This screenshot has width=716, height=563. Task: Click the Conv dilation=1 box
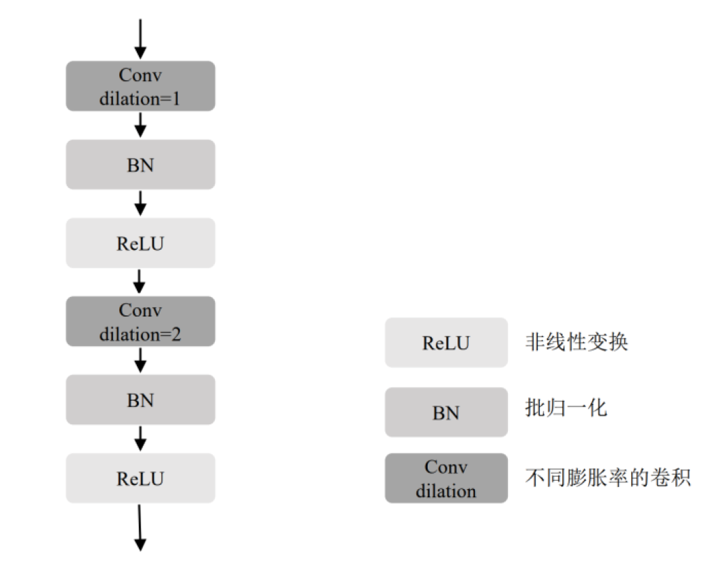[x=140, y=86]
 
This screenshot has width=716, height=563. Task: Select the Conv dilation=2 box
[x=140, y=322]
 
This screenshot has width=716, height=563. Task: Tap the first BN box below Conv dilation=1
[x=140, y=164]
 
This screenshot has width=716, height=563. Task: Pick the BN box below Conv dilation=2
[x=140, y=400]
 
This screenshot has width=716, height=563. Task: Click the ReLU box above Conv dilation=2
[x=140, y=243]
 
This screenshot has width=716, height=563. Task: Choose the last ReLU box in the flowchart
[x=140, y=478]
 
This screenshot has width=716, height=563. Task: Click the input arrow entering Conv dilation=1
[x=140, y=39]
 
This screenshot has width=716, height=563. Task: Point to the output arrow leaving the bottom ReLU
[x=140, y=528]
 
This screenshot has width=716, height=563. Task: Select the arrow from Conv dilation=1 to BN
[x=140, y=125]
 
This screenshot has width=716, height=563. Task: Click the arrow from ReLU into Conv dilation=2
[x=139, y=282]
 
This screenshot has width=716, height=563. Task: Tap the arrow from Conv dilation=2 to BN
[x=140, y=361]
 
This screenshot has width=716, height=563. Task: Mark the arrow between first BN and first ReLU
[x=140, y=203]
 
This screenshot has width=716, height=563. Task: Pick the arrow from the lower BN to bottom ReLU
[x=140, y=439]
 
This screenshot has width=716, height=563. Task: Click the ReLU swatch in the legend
[x=446, y=343]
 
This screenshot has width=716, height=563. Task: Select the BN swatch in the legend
[x=446, y=412]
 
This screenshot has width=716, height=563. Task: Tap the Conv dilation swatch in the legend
[x=446, y=478]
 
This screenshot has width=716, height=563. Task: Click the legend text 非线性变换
[x=576, y=342]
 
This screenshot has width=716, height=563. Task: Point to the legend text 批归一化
[x=566, y=408]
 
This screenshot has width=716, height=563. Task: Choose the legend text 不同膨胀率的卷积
[x=608, y=477]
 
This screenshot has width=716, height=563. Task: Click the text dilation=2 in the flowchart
[x=140, y=335]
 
